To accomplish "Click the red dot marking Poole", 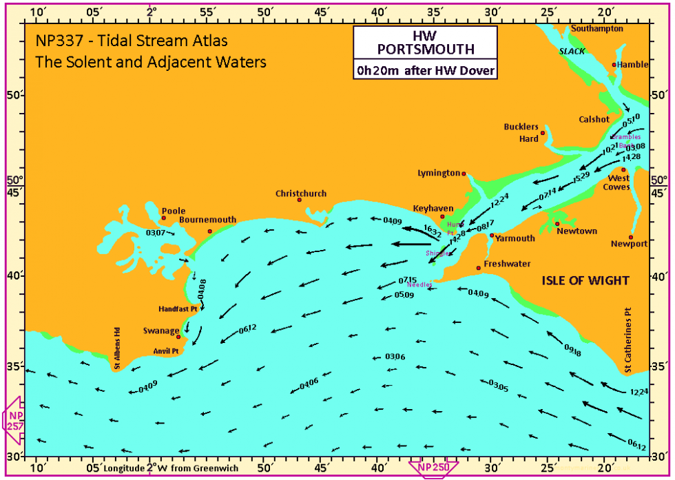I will pos(164,218).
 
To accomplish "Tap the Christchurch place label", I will pos(301,194).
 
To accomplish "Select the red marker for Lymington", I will pos(464,174).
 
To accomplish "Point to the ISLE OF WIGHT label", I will pos(585,280).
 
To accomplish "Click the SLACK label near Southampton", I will pos(571,52).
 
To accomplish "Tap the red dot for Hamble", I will pos(614,65).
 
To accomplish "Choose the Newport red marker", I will pos(631,237).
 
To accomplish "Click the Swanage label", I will pos(160,331).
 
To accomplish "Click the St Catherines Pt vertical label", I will pos(627,340).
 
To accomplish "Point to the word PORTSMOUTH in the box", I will pos(425,49).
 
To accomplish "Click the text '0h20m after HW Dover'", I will pos(424,70).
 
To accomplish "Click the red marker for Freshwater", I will pos(479,268).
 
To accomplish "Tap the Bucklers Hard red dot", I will pos(543,133).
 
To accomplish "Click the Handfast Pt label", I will pos(178,309).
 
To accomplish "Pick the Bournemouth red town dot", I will pos(210,231).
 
